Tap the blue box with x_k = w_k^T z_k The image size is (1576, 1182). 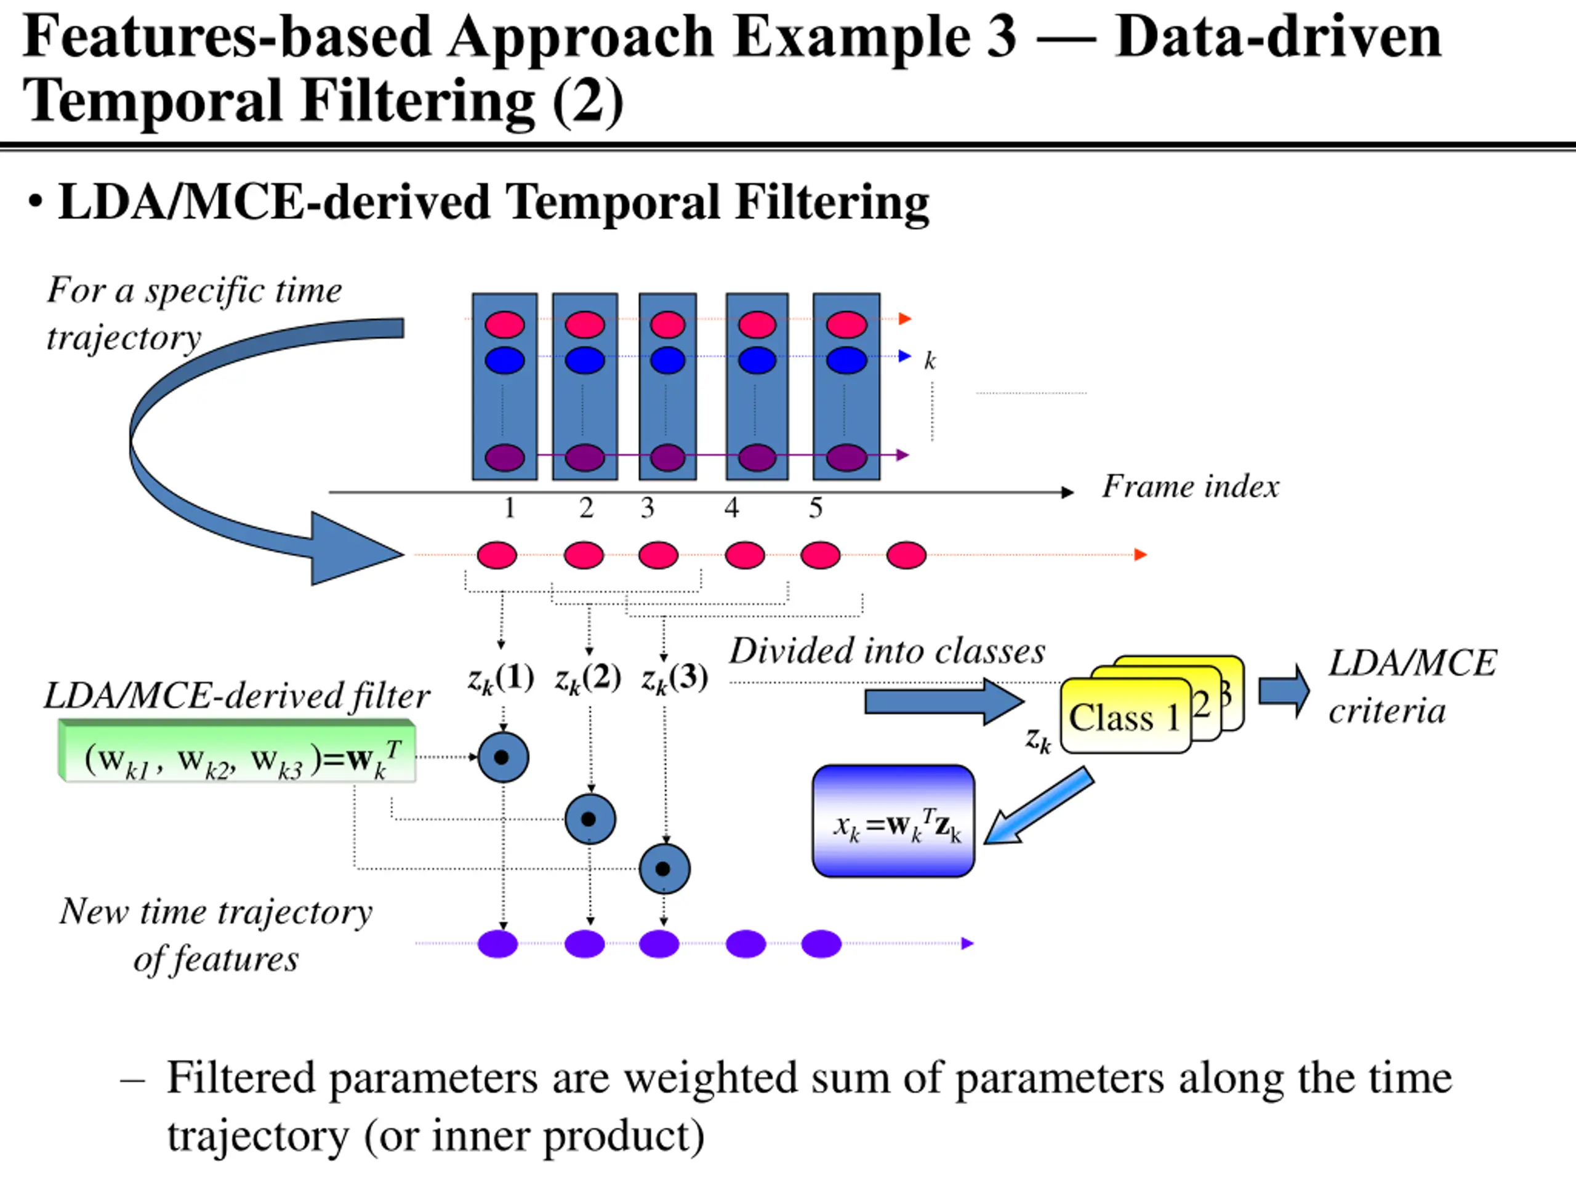click(x=893, y=821)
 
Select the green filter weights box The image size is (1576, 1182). click(x=237, y=752)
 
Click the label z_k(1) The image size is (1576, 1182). click(x=501, y=678)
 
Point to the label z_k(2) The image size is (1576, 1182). click(x=588, y=678)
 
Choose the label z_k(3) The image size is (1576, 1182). click(x=675, y=678)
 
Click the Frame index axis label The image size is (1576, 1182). click(x=1190, y=486)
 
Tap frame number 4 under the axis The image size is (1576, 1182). click(x=732, y=508)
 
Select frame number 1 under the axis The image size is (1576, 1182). click(x=509, y=508)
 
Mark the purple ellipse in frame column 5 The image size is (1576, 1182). click(x=846, y=457)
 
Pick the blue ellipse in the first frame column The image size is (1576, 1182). click(x=504, y=360)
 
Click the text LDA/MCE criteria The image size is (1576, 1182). click(x=1412, y=687)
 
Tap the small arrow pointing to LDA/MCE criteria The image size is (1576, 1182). click(x=1284, y=691)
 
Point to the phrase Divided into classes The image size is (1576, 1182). click(x=887, y=651)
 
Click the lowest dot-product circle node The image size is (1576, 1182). click(x=664, y=869)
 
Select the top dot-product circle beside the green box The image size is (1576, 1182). click(x=503, y=757)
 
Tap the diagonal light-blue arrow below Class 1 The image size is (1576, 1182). click(x=1038, y=806)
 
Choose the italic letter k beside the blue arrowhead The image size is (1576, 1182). click(x=930, y=361)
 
